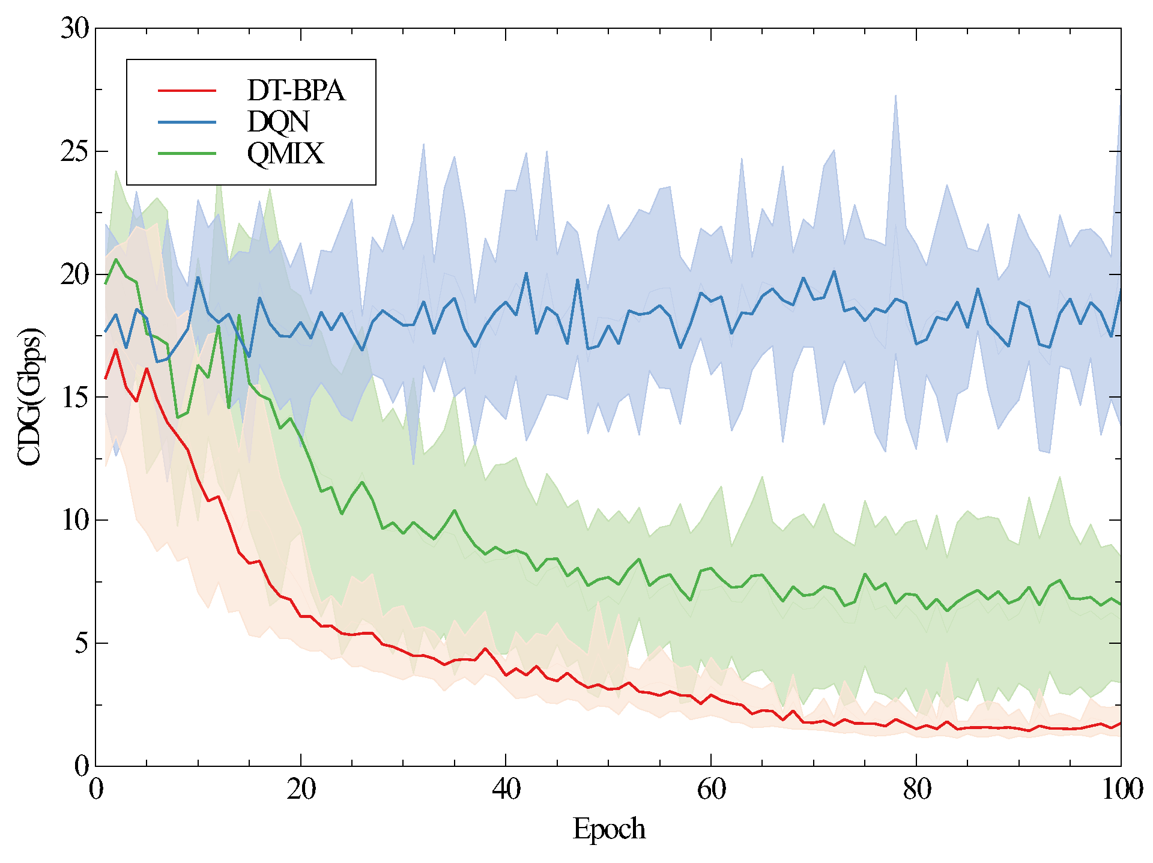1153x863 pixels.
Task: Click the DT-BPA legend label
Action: pyautogui.click(x=296, y=91)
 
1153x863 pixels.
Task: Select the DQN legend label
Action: pyautogui.click(x=278, y=122)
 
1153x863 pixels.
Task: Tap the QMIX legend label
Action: pyautogui.click(x=285, y=154)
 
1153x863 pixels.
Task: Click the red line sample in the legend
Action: pyautogui.click(x=187, y=91)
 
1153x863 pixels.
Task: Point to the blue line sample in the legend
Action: pyautogui.click(x=187, y=122)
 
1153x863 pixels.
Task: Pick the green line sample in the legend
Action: pyautogui.click(x=187, y=154)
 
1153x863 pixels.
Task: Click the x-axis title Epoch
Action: pyautogui.click(x=608, y=829)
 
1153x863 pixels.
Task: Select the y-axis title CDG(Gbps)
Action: pyautogui.click(x=29, y=397)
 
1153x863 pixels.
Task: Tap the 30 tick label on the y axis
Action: pyautogui.click(x=75, y=28)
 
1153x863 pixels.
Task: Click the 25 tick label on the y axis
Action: pyautogui.click(x=75, y=151)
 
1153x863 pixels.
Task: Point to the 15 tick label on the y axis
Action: pyautogui.click(x=75, y=397)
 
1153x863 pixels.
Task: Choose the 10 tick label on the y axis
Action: pyautogui.click(x=75, y=520)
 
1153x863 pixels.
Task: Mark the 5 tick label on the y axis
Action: pyautogui.click(x=82, y=643)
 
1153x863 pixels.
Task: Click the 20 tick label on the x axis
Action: pyautogui.click(x=301, y=789)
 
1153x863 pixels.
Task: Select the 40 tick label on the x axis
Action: pyautogui.click(x=506, y=789)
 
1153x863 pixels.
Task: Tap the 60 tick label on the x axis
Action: pyautogui.click(x=711, y=789)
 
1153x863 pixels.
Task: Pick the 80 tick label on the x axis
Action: pyautogui.click(x=916, y=789)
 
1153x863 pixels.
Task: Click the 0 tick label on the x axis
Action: pyautogui.click(x=96, y=789)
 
